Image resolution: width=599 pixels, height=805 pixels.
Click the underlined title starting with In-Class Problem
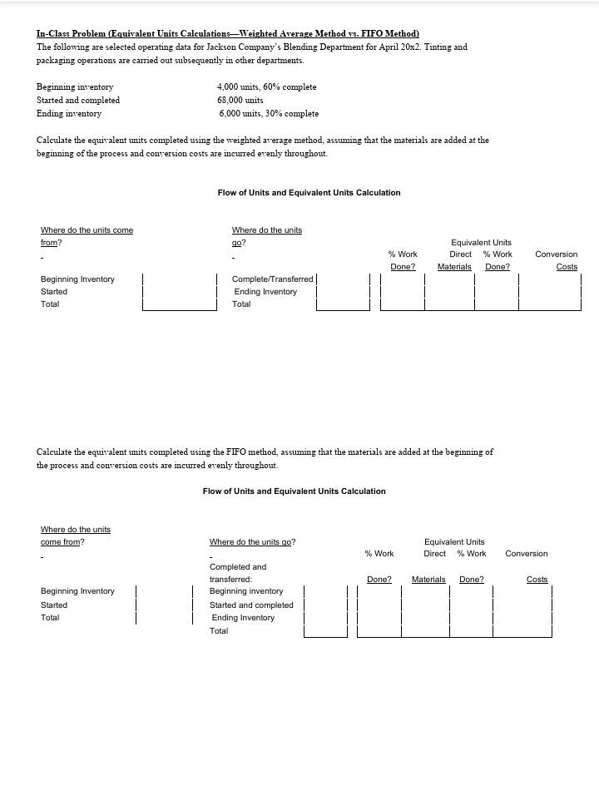pyautogui.click(x=227, y=33)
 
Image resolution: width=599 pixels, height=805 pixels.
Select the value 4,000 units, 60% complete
pyautogui.click(x=266, y=86)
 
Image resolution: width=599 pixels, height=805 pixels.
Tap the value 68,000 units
pyautogui.click(x=240, y=100)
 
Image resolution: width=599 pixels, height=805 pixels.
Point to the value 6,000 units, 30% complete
pyautogui.click(x=269, y=113)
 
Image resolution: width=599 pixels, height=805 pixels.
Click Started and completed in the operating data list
pyautogui.click(x=78, y=100)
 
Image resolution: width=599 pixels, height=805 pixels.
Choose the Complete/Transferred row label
pyautogui.click(x=272, y=279)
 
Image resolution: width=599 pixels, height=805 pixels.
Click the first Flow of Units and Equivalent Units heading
pyautogui.click(x=309, y=193)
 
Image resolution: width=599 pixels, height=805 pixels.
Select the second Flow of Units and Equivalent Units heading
pyautogui.click(x=294, y=491)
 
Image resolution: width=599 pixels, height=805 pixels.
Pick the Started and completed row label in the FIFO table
pyautogui.click(x=251, y=605)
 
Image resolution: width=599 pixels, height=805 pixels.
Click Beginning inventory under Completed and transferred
pyautogui.click(x=246, y=591)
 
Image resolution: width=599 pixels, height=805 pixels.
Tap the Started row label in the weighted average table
pyautogui.click(x=54, y=292)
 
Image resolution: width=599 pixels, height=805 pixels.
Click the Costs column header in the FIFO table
pyautogui.click(x=537, y=580)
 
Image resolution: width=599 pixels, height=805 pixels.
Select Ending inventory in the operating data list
pyautogui.click(x=69, y=113)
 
